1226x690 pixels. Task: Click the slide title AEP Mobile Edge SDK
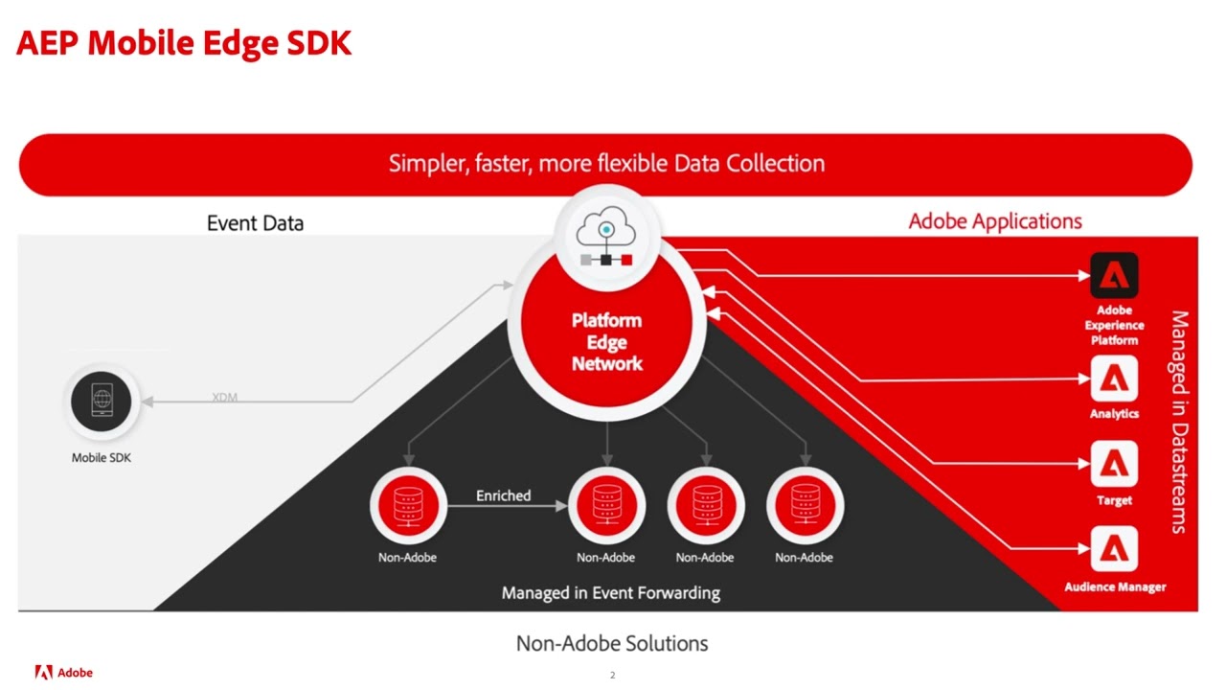pyautogui.click(x=184, y=43)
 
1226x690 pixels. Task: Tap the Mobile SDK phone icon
pyautogui.click(x=102, y=401)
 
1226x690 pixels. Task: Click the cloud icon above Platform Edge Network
pyautogui.click(x=606, y=234)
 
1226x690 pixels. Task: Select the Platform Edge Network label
pyautogui.click(x=606, y=342)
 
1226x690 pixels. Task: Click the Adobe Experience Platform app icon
pyautogui.click(x=1114, y=276)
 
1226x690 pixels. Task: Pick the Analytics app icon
pyautogui.click(x=1114, y=379)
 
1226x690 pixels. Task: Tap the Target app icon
pyautogui.click(x=1114, y=465)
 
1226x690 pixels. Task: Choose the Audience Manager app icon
pyautogui.click(x=1114, y=550)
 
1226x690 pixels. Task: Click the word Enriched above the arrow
pyautogui.click(x=503, y=495)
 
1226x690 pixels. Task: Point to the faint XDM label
pyautogui.click(x=224, y=397)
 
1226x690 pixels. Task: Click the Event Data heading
pyautogui.click(x=255, y=223)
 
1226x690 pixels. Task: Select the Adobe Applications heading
pyautogui.click(x=995, y=221)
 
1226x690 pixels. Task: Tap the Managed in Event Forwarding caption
pyautogui.click(x=610, y=593)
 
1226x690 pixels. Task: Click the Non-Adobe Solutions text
pyautogui.click(x=612, y=643)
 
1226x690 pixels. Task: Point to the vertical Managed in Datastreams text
pyautogui.click(x=1179, y=422)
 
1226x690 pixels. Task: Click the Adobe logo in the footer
pyautogui.click(x=64, y=672)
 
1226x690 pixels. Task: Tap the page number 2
pyautogui.click(x=612, y=676)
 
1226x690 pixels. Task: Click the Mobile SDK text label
pyautogui.click(x=102, y=458)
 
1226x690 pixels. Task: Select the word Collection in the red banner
pyautogui.click(x=775, y=164)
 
